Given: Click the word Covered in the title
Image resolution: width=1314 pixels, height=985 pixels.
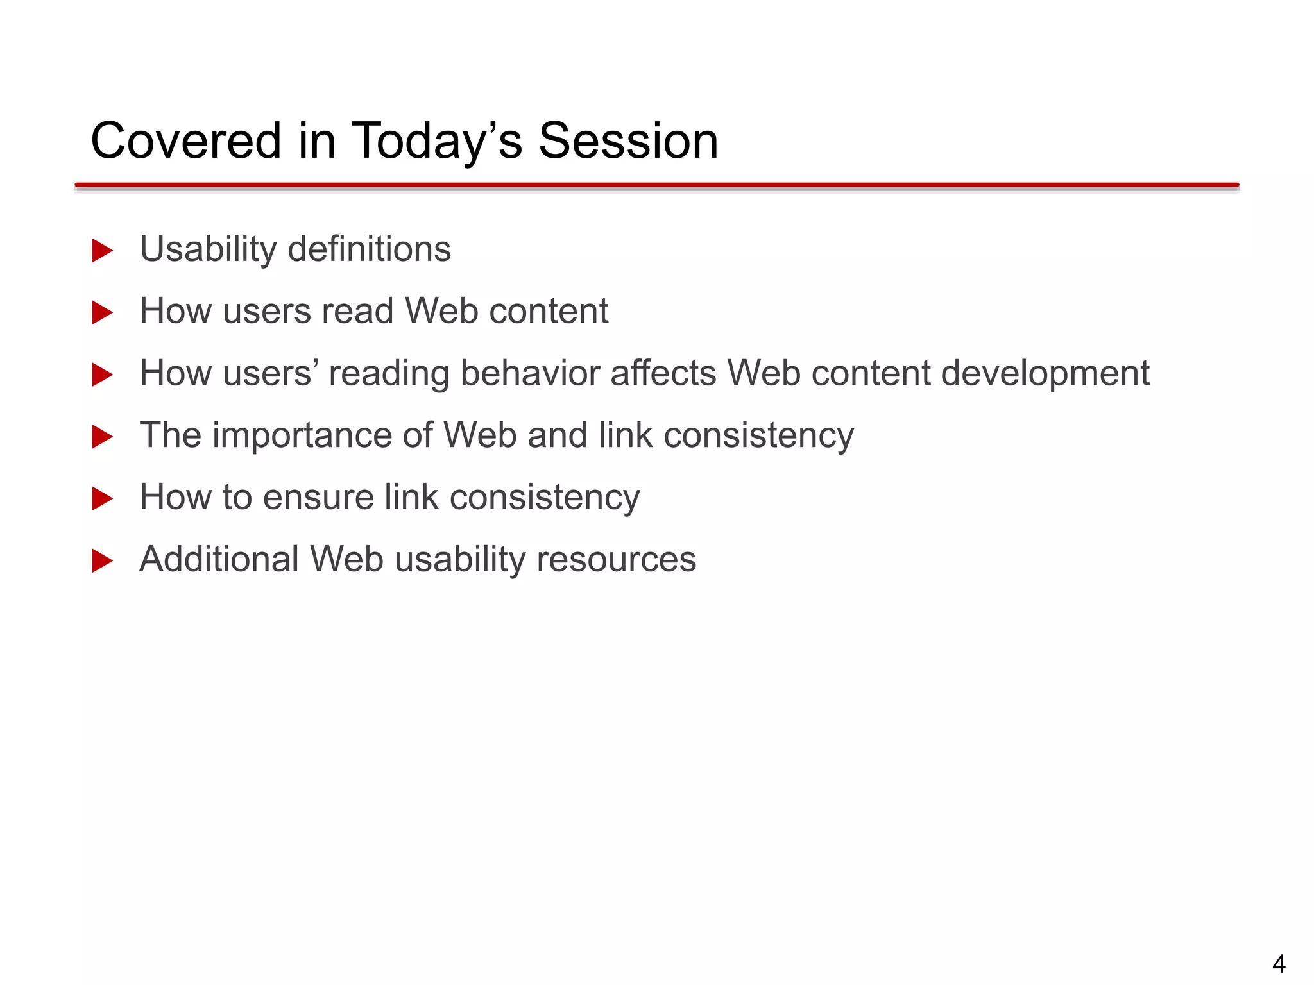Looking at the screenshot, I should (x=186, y=141).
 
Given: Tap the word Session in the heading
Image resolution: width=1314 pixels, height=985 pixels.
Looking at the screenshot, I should (x=628, y=141).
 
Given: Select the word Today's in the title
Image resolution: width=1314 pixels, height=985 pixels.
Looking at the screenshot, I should (x=437, y=142).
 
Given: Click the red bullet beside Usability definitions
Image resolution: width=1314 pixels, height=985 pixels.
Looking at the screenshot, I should (x=102, y=251).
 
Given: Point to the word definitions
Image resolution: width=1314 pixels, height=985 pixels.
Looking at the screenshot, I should (x=370, y=249).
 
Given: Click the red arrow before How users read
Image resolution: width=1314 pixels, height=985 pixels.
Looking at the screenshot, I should (x=102, y=313).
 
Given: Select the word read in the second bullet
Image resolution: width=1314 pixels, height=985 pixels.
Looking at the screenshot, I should (x=357, y=311).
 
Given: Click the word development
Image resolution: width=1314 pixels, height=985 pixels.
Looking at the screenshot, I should (x=1045, y=375).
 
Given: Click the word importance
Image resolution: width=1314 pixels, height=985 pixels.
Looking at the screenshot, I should (x=302, y=436).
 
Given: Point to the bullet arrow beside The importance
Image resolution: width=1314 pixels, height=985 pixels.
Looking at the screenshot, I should (x=102, y=437).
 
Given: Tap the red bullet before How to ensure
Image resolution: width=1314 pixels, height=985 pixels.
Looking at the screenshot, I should (x=102, y=499).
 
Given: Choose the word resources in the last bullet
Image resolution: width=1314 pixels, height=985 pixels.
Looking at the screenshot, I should (x=616, y=560).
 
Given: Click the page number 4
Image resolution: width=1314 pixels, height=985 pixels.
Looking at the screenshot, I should (x=1279, y=964).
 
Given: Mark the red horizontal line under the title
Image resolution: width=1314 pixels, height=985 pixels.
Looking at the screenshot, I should (x=657, y=185).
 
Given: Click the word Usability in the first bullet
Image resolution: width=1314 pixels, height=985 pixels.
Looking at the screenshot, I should (x=208, y=250).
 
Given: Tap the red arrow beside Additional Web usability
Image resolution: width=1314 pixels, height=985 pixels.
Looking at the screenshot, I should (x=102, y=561).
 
